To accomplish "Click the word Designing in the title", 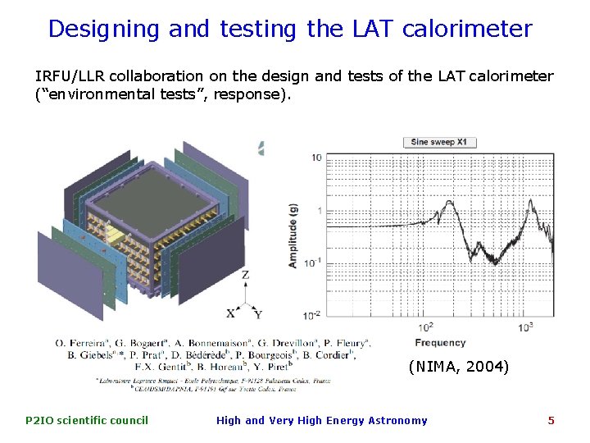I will (104, 30).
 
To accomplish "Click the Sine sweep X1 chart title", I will (439, 142).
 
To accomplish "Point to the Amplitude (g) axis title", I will (293, 236).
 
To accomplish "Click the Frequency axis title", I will (440, 342).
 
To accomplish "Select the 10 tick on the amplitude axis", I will (315, 158).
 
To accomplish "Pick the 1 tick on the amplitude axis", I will (318, 211).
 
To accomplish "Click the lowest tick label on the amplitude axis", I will (312, 315).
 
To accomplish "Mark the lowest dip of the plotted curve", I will (494, 261).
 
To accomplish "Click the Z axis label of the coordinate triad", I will (245, 276).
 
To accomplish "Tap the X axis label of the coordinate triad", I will (230, 313).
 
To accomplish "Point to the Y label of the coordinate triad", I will (258, 314).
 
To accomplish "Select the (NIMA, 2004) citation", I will (458, 366).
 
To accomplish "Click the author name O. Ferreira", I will (86, 342).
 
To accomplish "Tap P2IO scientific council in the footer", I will (87, 421).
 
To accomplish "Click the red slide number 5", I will (551, 421).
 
